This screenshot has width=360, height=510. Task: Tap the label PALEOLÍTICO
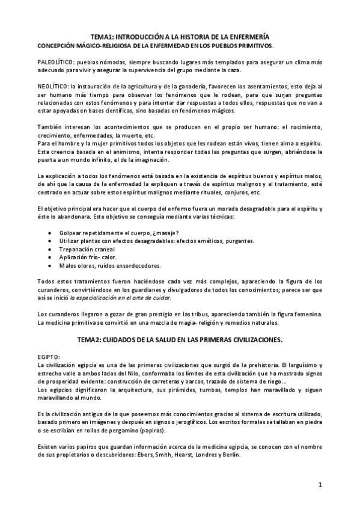pyautogui.click(x=56, y=62)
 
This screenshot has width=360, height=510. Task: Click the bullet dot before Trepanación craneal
pyautogui.click(x=49, y=248)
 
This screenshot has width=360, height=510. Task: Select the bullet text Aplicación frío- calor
pyautogui.click(x=88, y=257)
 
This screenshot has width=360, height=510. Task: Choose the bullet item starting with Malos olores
pyautogui.click(x=102, y=265)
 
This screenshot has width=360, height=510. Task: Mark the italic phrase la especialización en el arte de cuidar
pyautogui.click(x=120, y=298)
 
